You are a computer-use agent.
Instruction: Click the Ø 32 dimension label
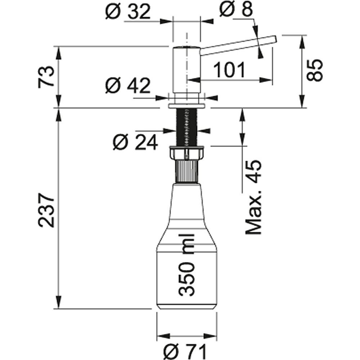[x=128, y=13]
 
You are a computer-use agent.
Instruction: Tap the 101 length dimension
[x=229, y=69]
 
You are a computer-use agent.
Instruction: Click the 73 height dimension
[x=46, y=76]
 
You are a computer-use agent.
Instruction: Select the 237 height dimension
[x=46, y=211]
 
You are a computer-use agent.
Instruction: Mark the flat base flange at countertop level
[x=186, y=105]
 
